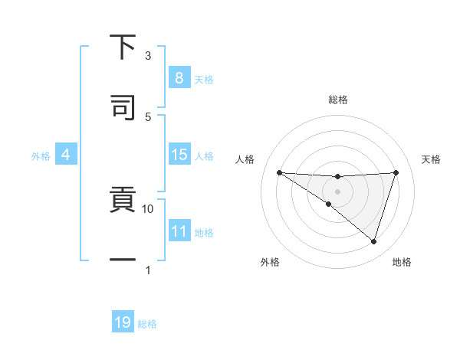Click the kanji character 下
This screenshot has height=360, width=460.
click(x=123, y=47)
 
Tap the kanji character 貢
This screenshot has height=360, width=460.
click(x=123, y=201)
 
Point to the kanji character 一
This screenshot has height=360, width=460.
click(x=123, y=261)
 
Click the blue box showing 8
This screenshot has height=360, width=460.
click(x=179, y=77)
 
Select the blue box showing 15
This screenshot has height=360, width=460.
click(x=179, y=155)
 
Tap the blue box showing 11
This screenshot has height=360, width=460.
click(x=179, y=231)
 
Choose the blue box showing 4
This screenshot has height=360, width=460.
click(x=66, y=155)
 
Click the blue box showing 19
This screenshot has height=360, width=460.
click(x=123, y=322)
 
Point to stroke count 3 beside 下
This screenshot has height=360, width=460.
click(x=148, y=55)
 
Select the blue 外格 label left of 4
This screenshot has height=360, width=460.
click(x=41, y=155)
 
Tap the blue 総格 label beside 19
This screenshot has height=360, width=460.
click(x=147, y=323)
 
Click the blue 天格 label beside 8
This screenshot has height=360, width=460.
click(x=204, y=78)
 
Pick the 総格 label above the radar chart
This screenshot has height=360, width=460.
click(x=337, y=100)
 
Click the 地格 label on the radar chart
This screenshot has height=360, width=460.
click(x=402, y=262)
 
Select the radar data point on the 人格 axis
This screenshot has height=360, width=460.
click(x=279, y=172)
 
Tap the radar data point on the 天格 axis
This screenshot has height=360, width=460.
click(x=396, y=172)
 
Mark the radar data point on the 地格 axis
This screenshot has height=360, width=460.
click(x=373, y=241)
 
